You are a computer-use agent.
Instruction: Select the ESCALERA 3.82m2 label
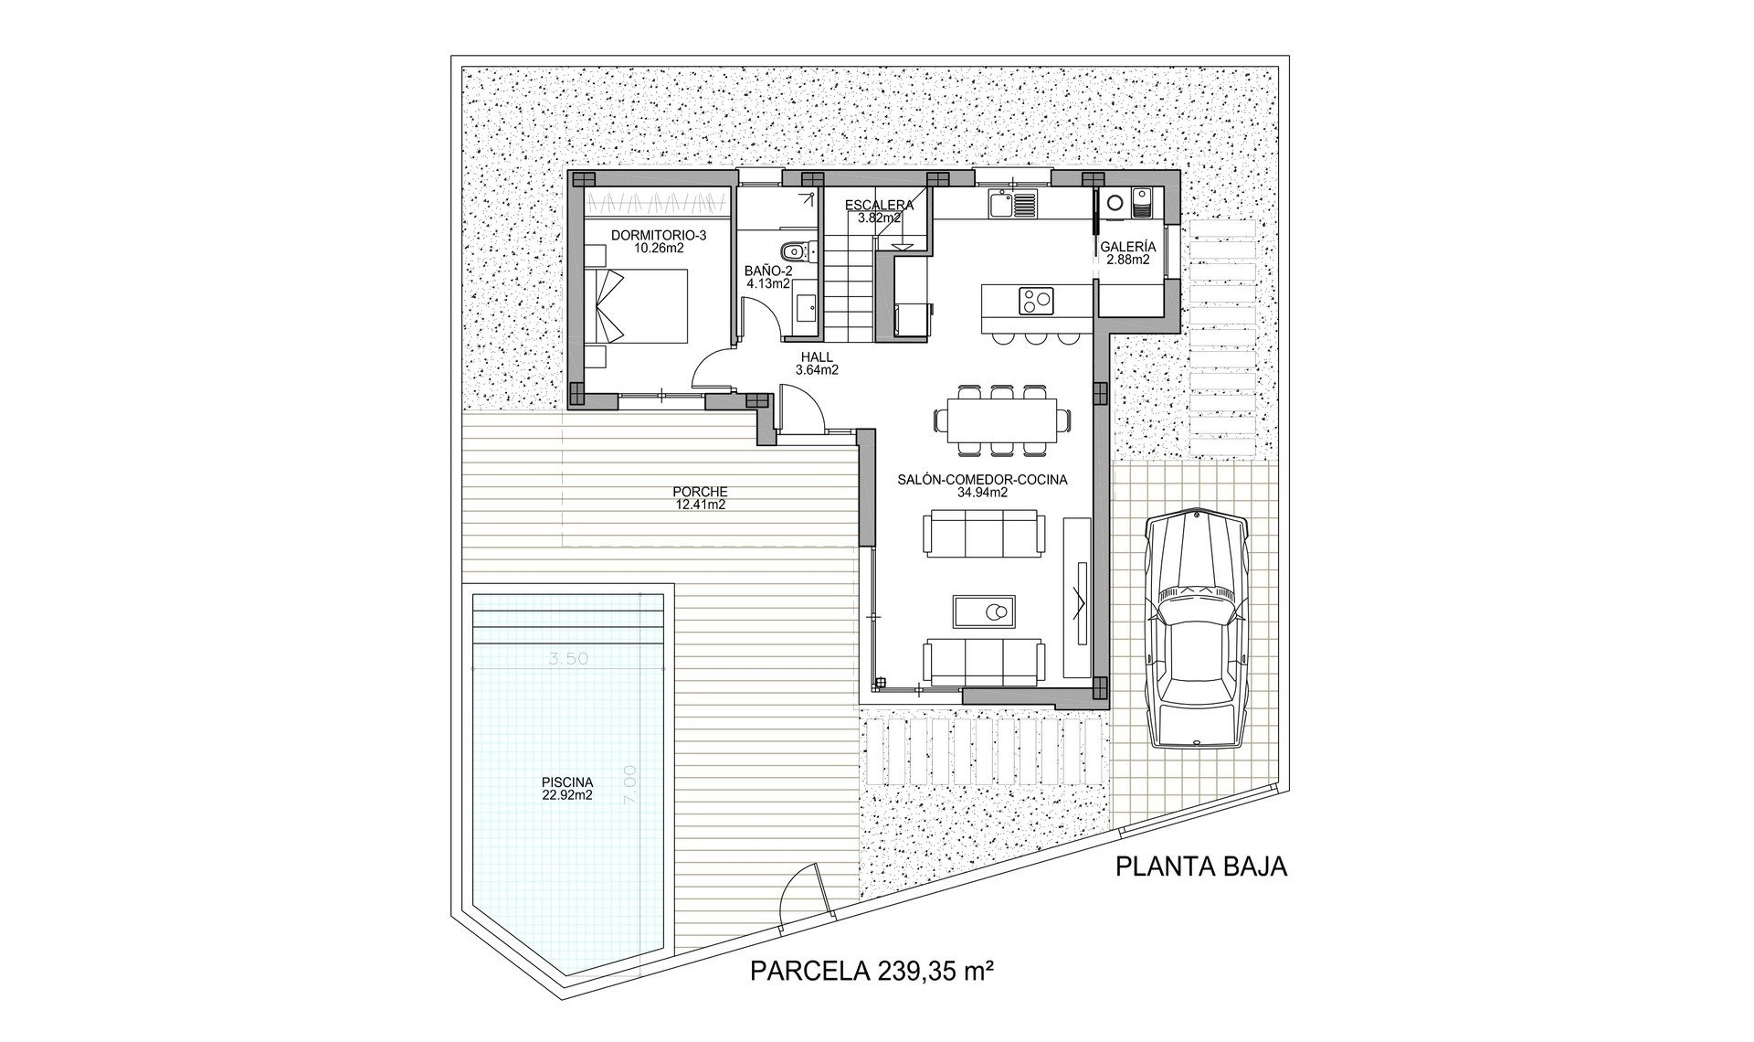pyautogui.click(x=872, y=211)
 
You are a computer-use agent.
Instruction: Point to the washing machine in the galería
pyautogui.click(x=1115, y=204)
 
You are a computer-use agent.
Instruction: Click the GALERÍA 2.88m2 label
pyautogui.click(x=1127, y=253)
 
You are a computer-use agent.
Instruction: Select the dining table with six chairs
pyautogui.click(x=1002, y=420)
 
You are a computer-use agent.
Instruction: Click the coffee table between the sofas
pyautogui.click(x=983, y=611)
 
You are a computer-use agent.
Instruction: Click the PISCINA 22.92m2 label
pyautogui.click(x=567, y=788)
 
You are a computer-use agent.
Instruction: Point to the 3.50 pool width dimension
pyautogui.click(x=569, y=659)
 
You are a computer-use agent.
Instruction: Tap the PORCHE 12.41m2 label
pyautogui.click(x=700, y=497)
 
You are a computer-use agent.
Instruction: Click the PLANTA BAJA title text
pyautogui.click(x=1200, y=867)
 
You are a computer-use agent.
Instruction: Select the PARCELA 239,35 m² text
pyautogui.click(x=872, y=970)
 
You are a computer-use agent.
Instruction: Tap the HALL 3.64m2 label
pyautogui.click(x=817, y=364)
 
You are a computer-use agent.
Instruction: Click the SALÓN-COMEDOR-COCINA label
pyautogui.click(x=982, y=484)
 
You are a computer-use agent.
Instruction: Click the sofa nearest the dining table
pyautogui.click(x=983, y=534)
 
